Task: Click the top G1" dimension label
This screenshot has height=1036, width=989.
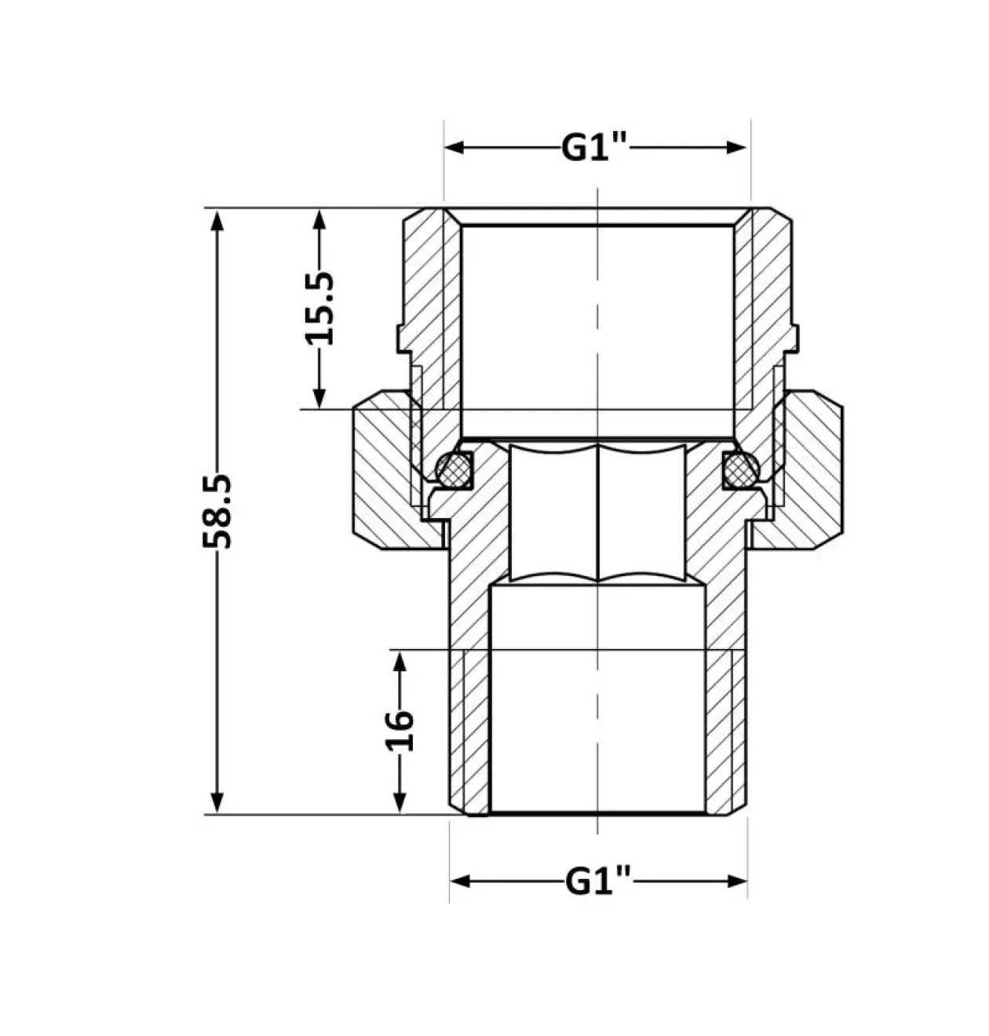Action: (594, 148)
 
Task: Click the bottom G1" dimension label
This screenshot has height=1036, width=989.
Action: (598, 881)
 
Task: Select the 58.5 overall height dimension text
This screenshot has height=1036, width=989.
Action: (217, 511)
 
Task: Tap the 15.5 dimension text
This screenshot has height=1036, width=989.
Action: (319, 308)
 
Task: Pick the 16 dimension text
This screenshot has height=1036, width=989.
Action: (399, 731)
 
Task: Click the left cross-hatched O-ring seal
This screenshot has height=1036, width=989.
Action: (454, 468)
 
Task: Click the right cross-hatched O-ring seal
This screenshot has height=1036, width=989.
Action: (742, 468)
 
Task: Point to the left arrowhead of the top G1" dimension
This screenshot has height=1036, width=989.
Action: (454, 148)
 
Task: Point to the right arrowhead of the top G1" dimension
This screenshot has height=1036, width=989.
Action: (736, 148)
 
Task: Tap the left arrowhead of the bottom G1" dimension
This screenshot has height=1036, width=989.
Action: (460, 881)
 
